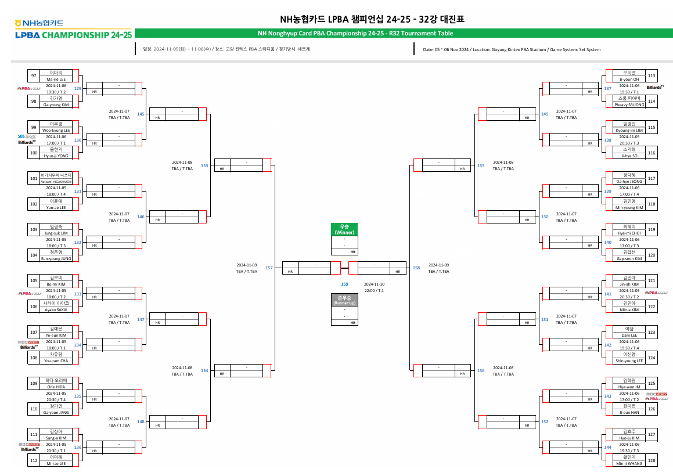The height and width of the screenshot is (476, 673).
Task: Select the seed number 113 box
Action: (652, 76)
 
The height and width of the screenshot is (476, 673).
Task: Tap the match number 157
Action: (269, 268)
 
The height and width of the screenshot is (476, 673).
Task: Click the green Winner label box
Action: (344, 229)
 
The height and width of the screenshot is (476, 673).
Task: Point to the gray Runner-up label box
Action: (344, 300)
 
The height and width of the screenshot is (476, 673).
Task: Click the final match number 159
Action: (344, 284)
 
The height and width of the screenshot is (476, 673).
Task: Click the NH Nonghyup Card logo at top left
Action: (39, 23)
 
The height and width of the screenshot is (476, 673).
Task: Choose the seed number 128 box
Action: (652, 460)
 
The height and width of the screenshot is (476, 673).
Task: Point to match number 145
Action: (141, 114)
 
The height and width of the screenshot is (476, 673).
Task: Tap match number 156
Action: (480, 370)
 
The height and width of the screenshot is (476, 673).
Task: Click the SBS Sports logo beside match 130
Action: (27, 136)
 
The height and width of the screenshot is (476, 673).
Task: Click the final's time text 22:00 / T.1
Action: (374, 290)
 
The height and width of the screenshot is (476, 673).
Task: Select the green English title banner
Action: (355, 34)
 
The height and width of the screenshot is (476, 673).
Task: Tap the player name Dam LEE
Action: (629, 335)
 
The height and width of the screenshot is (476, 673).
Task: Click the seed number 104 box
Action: (34, 255)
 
